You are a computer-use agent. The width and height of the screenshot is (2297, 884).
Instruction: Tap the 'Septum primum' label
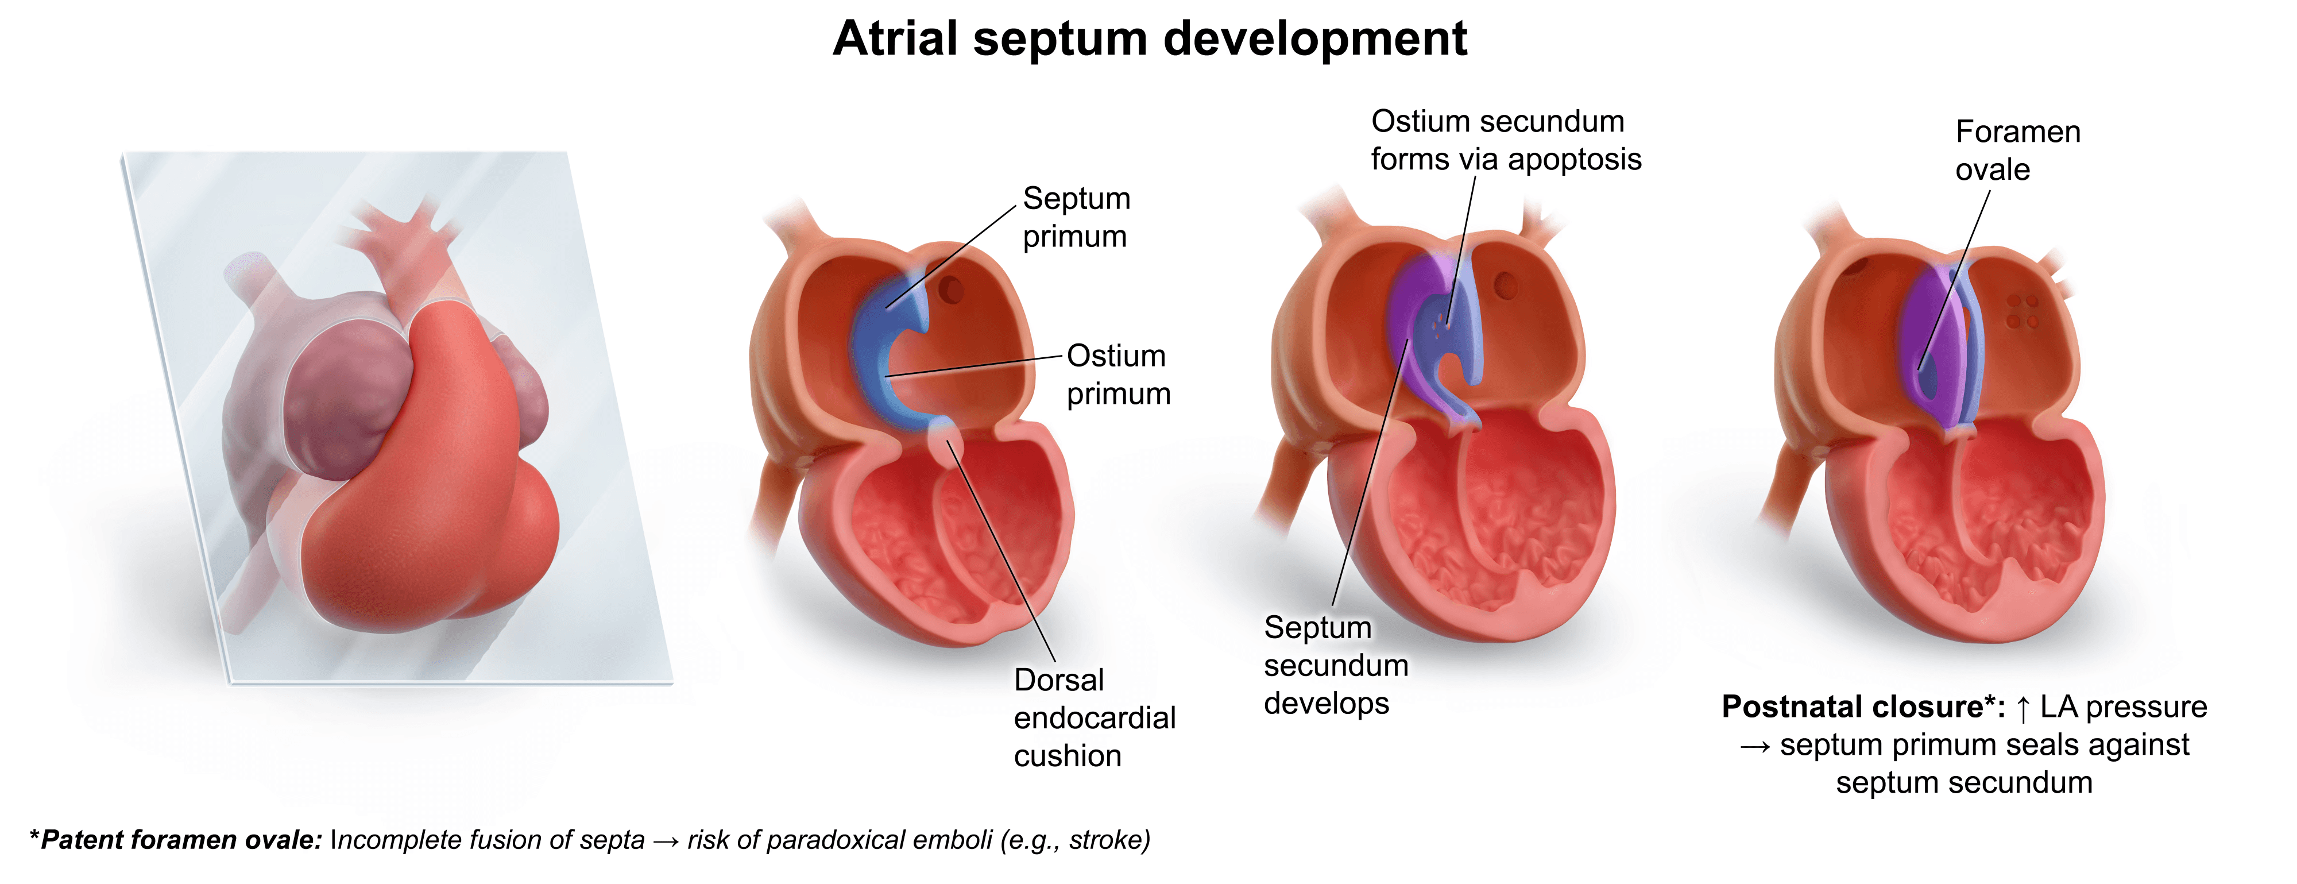coord(1076,217)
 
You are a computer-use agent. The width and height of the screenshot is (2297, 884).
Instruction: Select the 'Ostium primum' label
coord(1117,375)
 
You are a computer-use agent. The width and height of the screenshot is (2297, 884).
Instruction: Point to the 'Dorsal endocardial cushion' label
coord(1094,717)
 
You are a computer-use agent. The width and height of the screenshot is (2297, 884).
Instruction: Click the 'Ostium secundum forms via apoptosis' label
coord(1505,140)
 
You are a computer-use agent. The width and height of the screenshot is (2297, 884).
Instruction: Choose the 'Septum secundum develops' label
coord(1335,665)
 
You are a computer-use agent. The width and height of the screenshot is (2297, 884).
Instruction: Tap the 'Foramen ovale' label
coord(2017,150)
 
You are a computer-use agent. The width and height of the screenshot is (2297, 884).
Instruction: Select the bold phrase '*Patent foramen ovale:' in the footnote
coord(176,839)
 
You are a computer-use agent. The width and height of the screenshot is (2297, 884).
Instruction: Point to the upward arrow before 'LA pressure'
coord(2023,708)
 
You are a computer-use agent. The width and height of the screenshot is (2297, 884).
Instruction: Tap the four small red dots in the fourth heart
coord(2023,311)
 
